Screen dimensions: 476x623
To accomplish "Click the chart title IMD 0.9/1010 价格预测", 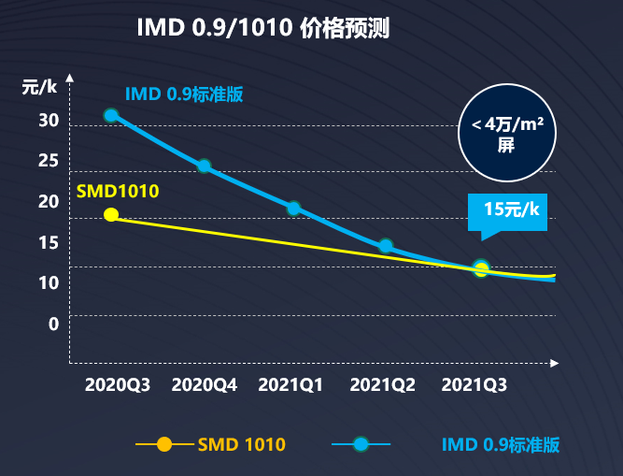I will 262,28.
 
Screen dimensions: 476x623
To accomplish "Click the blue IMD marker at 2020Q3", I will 111,115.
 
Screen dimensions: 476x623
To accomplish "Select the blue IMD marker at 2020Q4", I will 204,166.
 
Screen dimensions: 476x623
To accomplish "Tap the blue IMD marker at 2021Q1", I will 293,208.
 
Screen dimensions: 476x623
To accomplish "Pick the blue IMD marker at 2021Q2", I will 385,246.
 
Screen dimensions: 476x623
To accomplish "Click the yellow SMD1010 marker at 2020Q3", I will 111,214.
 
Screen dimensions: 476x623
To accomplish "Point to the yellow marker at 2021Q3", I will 481,268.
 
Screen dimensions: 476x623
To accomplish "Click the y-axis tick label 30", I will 49,121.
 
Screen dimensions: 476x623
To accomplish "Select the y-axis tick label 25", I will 49,161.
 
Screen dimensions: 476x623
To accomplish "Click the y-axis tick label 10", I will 49,282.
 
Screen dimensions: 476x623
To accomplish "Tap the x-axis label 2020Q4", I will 205,384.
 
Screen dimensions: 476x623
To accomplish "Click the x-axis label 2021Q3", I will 474,384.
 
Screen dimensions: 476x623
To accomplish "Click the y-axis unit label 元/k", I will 40,87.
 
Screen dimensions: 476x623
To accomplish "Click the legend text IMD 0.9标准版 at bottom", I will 501,444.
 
